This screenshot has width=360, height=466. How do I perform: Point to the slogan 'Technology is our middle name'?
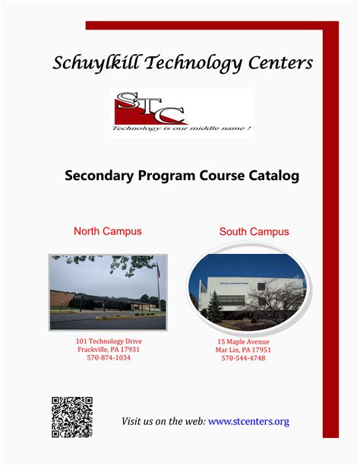[x=182, y=128]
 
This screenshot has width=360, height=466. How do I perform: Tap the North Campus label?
[x=107, y=231]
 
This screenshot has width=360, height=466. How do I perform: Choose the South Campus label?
[x=254, y=231]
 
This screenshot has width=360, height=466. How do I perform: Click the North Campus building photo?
[x=108, y=293]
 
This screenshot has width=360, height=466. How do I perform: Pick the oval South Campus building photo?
[x=247, y=293]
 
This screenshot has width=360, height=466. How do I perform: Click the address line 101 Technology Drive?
[x=109, y=341]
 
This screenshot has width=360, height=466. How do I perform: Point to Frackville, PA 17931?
[x=109, y=350]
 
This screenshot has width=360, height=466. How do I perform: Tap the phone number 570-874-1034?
[x=109, y=358]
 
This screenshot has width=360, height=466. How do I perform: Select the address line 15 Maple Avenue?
[x=243, y=342]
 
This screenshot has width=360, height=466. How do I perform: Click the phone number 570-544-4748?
[x=243, y=359]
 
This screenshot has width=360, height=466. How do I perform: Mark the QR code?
[x=72, y=417]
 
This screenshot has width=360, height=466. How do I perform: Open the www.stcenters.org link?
[x=248, y=421]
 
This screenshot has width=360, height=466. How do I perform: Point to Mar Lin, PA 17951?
[x=243, y=350]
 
